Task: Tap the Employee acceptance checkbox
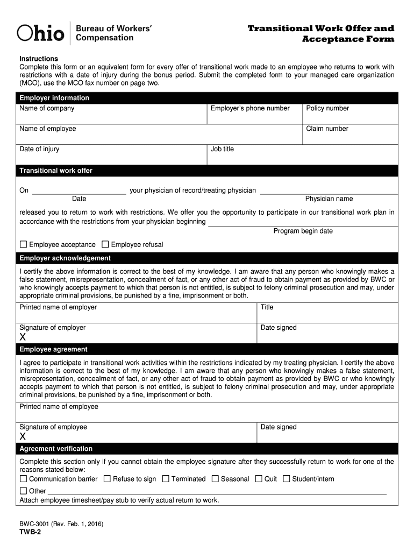pyautogui.click(x=23, y=244)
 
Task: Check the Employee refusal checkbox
pyautogui.click(x=105, y=244)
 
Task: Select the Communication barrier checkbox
pyautogui.click(x=23, y=478)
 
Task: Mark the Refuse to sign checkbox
pyautogui.click(x=107, y=478)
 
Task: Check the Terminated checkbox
pyautogui.click(x=166, y=478)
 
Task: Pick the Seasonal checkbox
pyautogui.click(x=215, y=478)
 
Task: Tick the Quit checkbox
pyautogui.click(x=259, y=478)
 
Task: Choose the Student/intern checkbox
pyautogui.click(x=287, y=478)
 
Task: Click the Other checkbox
pyautogui.click(x=23, y=491)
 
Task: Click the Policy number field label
pyautogui.click(x=327, y=108)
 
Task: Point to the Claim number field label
pyautogui.click(x=327, y=129)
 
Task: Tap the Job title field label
pyautogui.click(x=222, y=149)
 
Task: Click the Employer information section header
pyautogui.click(x=54, y=98)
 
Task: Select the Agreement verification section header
pyautogui.click(x=56, y=449)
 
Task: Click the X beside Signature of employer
pyautogui.click(x=23, y=337)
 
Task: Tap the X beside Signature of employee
pyautogui.click(x=23, y=436)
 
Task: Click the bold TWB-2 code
pyautogui.click(x=30, y=532)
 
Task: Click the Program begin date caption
pyautogui.click(x=303, y=231)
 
